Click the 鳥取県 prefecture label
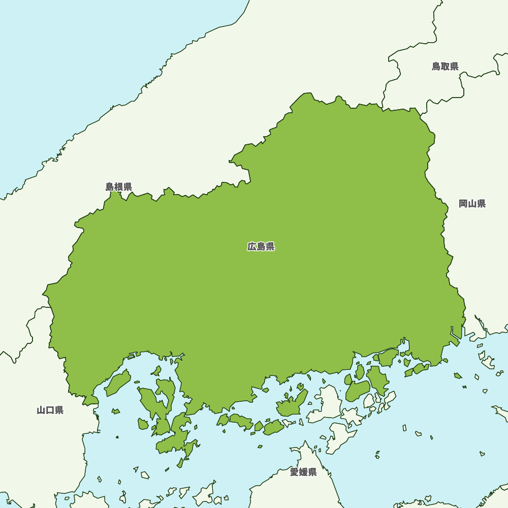coord(445,67)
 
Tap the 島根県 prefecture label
coord(119,187)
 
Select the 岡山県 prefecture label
coord(472,204)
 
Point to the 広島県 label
coord(261,247)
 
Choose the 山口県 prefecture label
coord(50,410)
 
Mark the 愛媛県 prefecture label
coord(303,472)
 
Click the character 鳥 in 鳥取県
coord(436,67)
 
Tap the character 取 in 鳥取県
coord(445,67)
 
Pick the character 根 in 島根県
coord(119,187)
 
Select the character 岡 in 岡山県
coord(463,204)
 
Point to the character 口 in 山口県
coord(50,410)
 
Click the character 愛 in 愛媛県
coord(295,472)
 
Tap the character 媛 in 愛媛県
coord(303,472)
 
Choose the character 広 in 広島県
coord(252,247)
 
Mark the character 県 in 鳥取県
coord(454,67)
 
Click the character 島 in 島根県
coord(110,187)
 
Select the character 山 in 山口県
coord(41,410)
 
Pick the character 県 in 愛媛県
coord(312,472)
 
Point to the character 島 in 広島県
coord(261,247)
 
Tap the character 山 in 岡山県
coord(472,204)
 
